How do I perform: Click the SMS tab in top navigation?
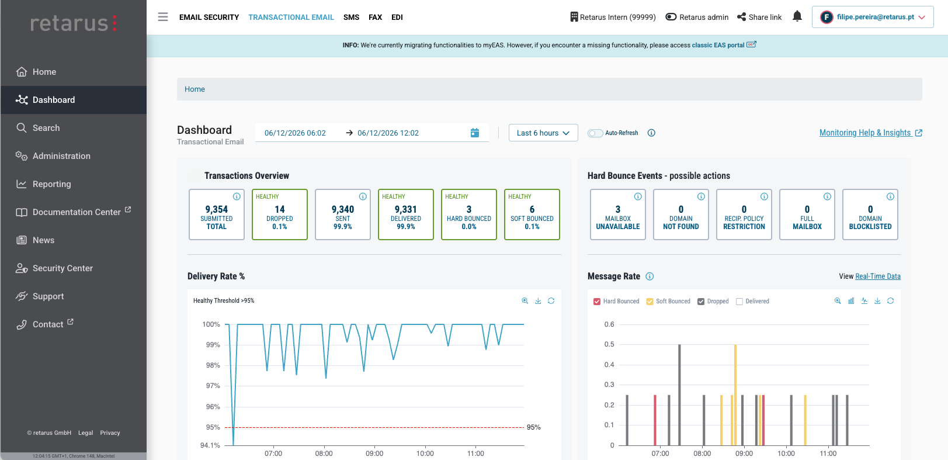(x=351, y=18)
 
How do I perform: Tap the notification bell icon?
(x=797, y=16)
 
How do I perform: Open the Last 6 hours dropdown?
(x=543, y=133)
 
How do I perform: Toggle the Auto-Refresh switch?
(x=595, y=133)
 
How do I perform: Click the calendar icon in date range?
(x=475, y=133)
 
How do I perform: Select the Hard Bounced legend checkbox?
(x=597, y=302)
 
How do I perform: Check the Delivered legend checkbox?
(x=739, y=302)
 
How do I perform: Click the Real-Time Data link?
(x=878, y=276)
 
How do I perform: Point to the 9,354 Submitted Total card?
(x=217, y=215)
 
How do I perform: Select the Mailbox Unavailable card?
(x=618, y=215)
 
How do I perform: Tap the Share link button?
(x=759, y=17)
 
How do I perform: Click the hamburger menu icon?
(x=163, y=17)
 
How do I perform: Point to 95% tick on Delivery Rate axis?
(x=213, y=427)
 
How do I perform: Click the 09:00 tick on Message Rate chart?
(x=744, y=454)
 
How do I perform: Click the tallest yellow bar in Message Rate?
(x=735, y=395)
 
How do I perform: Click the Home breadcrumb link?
(x=195, y=89)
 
